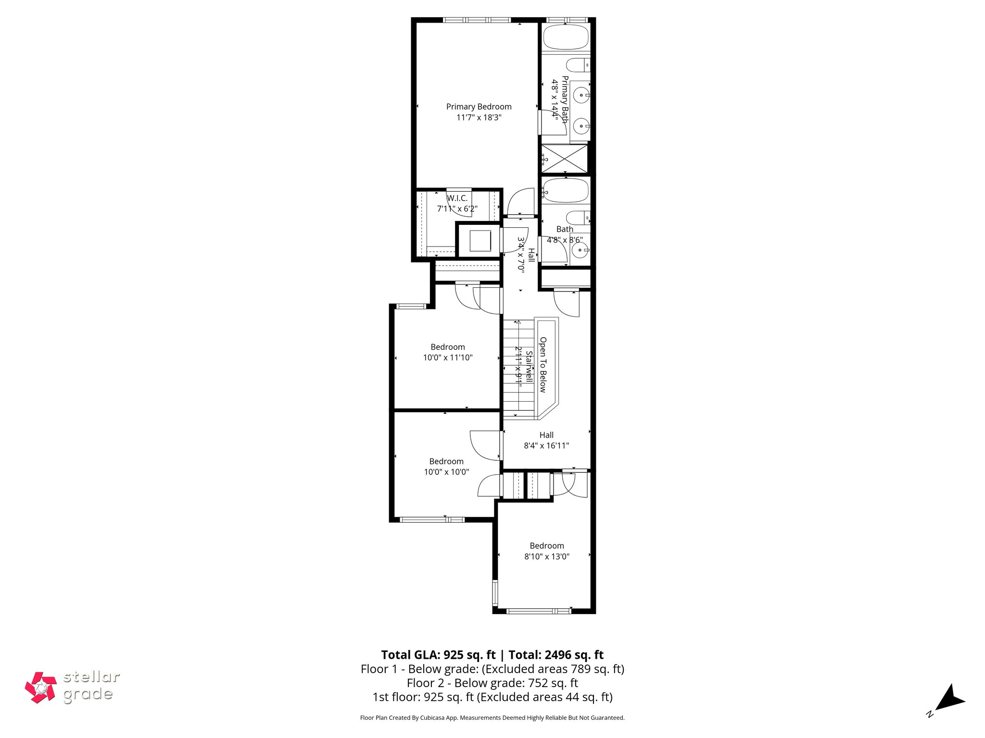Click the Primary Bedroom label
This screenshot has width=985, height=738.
[x=479, y=107]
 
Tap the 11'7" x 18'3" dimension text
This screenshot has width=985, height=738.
[x=479, y=118]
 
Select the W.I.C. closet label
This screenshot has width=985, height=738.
[x=457, y=198]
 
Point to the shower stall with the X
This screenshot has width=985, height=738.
[x=565, y=159]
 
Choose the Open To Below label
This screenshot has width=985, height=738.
[x=543, y=365]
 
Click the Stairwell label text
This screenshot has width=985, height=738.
[x=529, y=366]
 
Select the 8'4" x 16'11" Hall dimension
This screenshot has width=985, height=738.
[x=546, y=446]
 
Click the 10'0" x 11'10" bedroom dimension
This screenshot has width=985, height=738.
[x=448, y=358]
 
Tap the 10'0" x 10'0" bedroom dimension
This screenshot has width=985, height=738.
[x=446, y=472]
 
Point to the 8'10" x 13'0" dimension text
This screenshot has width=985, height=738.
[x=547, y=557]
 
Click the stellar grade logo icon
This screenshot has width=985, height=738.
[x=41, y=688]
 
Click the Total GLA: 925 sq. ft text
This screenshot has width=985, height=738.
[x=438, y=655]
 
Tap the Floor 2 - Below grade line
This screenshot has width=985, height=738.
[x=492, y=683]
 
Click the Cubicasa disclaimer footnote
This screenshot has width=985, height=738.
[x=492, y=718]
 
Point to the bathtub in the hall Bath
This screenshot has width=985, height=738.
[x=566, y=191]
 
